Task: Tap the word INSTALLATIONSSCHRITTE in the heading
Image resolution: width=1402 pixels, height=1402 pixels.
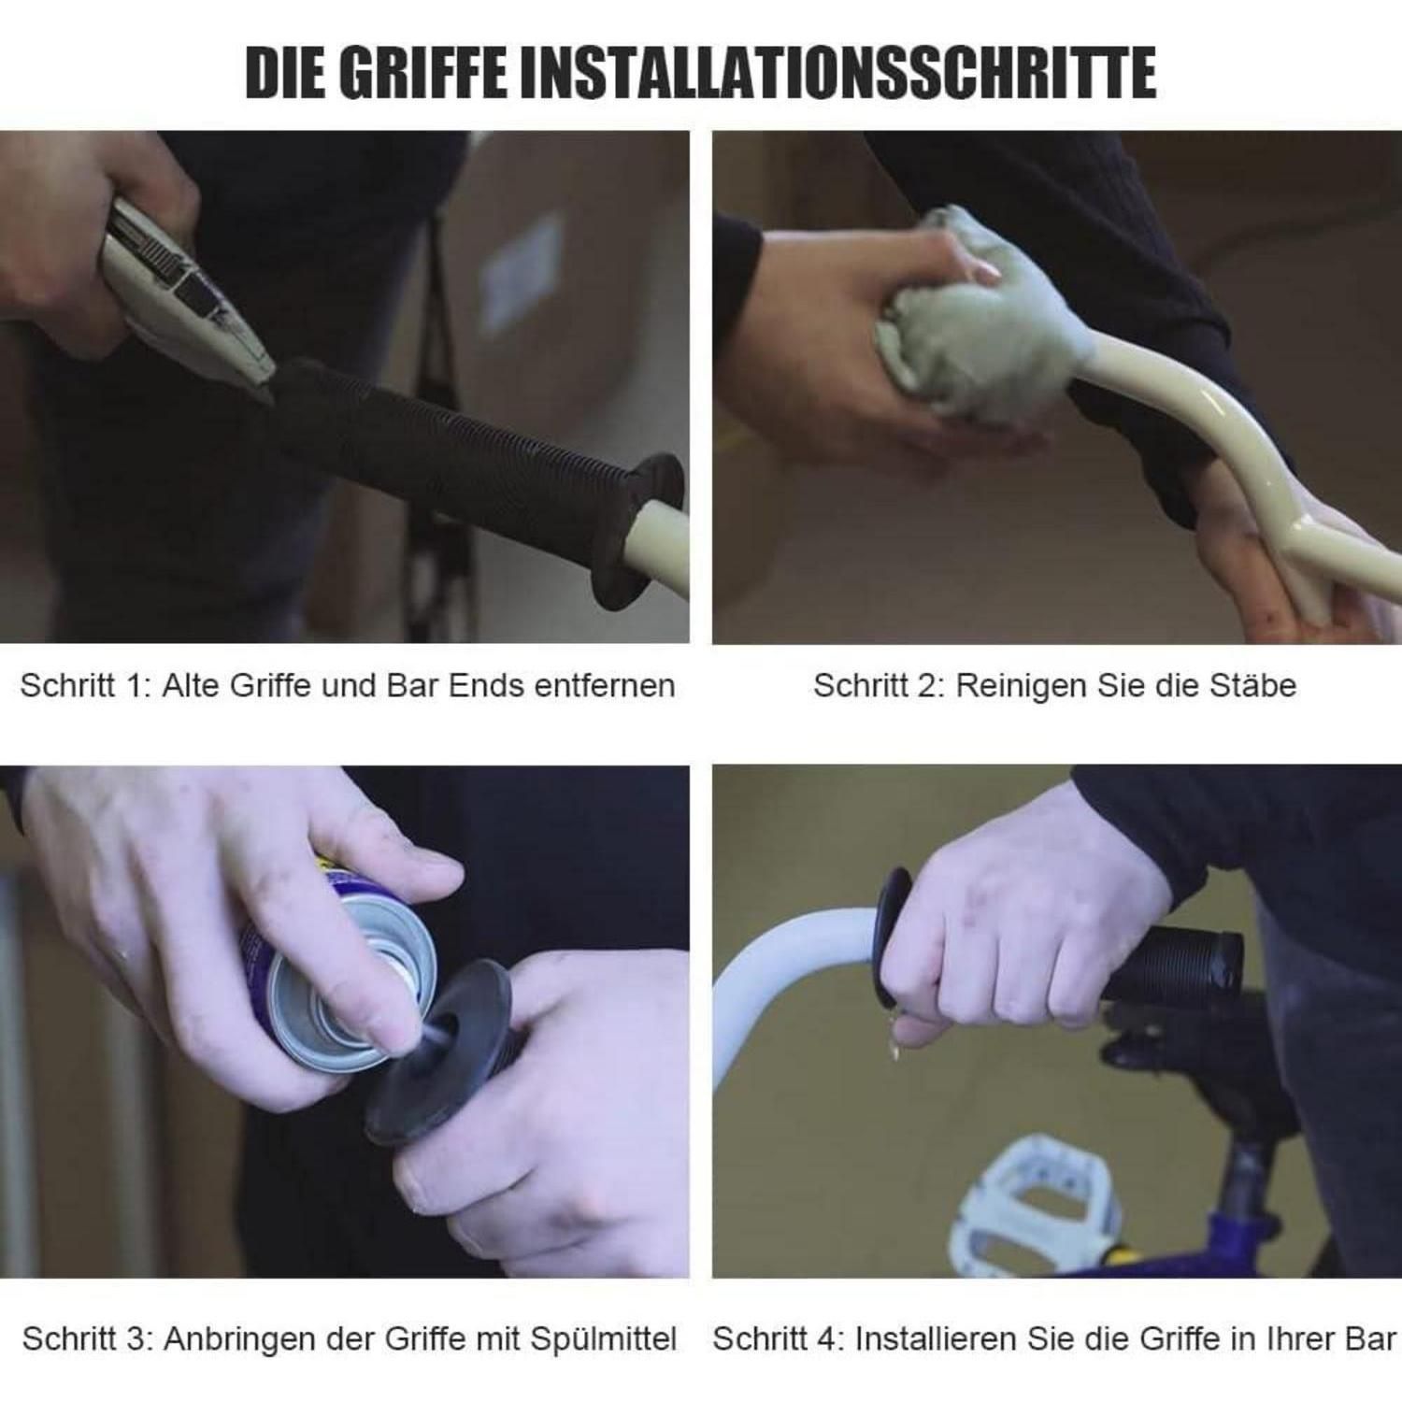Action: pyautogui.click(x=837, y=72)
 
